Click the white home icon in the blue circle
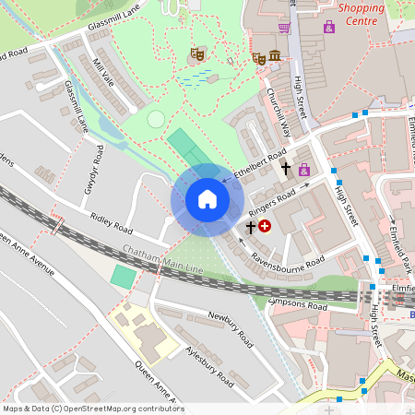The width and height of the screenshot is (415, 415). (207, 199)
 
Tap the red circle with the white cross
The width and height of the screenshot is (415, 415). (266, 225)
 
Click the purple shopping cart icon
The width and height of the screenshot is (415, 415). (284, 28)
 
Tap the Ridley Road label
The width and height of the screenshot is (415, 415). (111, 222)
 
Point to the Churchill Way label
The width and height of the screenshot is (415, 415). (279, 112)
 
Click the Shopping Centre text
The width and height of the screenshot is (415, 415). (361, 13)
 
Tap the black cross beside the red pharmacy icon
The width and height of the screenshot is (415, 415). (250, 225)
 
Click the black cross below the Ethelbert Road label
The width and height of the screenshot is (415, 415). (286, 170)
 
